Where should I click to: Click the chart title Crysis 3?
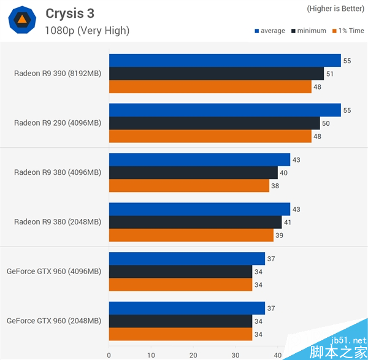coord(70,13)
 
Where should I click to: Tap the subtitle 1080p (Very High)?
coord(87,31)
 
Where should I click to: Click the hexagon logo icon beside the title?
coord(21,20)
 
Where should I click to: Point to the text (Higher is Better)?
coord(334,9)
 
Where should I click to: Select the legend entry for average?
coord(270,31)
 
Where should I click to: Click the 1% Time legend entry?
coord(348,31)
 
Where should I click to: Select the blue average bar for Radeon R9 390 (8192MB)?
coord(224,60)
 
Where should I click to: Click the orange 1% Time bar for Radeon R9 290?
coord(210,136)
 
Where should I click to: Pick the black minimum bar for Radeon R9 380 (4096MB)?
coord(193,173)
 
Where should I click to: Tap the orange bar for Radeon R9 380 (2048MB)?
coord(191,235)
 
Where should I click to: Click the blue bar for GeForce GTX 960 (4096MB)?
coord(186,259)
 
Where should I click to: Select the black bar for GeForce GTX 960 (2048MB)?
coord(180,321)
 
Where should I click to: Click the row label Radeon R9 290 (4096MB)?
coord(58,123)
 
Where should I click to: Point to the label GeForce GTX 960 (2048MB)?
coord(54,321)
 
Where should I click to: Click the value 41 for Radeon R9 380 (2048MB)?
coord(288,223)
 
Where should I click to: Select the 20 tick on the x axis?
coord(193,354)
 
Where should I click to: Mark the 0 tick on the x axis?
coord(109,354)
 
